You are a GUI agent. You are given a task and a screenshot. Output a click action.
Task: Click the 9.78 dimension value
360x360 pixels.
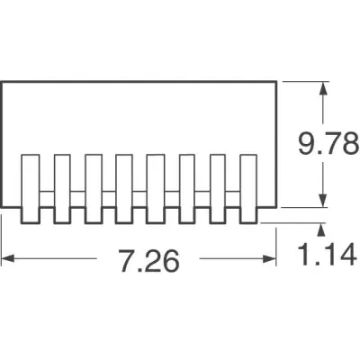(328, 143)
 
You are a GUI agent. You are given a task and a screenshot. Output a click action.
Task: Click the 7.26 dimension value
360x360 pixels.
(149, 258)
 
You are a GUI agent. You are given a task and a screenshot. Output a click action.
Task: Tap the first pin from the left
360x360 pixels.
(31, 189)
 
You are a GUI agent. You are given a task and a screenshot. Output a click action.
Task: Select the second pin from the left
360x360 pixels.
(62, 189)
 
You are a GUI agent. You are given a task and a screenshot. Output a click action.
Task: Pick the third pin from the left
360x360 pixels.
(94, 189)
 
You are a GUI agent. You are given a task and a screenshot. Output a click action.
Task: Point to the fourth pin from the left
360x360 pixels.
(124, 189)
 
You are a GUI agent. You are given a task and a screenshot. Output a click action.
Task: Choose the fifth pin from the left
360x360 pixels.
(156, 189)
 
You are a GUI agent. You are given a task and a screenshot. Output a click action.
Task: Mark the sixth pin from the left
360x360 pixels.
(186, 189)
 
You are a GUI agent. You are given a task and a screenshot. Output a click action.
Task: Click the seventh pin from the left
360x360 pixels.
(218, 189)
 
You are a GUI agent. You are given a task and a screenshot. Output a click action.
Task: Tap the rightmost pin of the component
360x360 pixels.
(248, 189)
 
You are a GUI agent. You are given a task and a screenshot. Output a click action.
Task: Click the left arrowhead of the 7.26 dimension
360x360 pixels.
(8, 258)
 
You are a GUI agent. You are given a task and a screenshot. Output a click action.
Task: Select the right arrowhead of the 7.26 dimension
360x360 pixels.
(269, 258)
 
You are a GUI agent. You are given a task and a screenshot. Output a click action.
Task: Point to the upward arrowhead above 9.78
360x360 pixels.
(322, 88)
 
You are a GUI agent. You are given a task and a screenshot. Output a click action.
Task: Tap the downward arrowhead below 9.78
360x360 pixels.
(322, 201)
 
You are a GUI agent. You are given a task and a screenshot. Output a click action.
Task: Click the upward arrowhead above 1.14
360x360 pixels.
(321, 229)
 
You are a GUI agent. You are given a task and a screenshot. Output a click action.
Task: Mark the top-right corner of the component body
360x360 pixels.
(276, 82)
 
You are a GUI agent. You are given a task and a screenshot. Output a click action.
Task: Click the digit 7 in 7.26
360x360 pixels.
(127, 258)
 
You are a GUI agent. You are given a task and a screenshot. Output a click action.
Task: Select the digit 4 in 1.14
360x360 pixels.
(348, 255)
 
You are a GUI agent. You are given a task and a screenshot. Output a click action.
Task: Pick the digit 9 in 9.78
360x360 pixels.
(307, 143)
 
